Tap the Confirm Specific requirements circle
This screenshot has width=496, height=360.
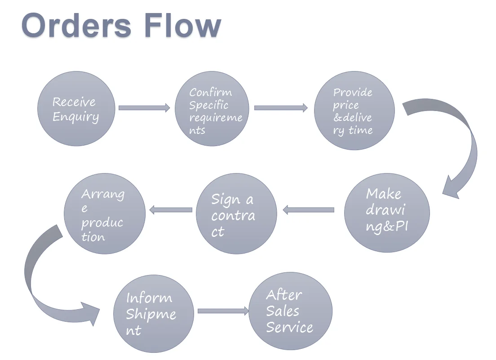pos(212,109)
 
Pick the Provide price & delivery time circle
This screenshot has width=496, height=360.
pos(354,111)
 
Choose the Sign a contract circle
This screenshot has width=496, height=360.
pos(236,213)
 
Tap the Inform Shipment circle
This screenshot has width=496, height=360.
pos(154,313)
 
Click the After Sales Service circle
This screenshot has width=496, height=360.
pos(291,311)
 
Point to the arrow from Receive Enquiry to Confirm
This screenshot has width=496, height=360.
pos(144,108)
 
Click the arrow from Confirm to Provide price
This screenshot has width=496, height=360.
pos(281,108)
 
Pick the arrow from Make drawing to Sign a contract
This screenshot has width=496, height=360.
pos(309,209)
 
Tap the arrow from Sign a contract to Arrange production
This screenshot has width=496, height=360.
pos(171,209)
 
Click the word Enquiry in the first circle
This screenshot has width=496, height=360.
pos(75,117)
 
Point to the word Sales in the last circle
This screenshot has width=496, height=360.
pos(283,311)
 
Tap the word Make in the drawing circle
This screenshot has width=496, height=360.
pos(384,194)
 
